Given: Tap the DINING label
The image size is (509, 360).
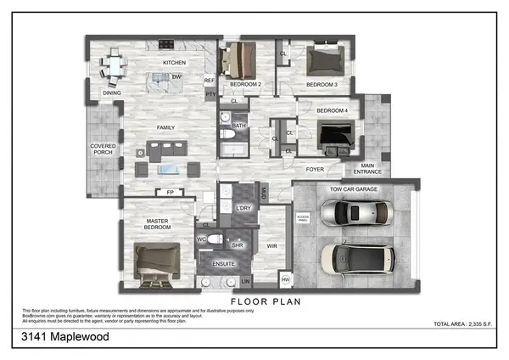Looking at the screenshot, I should [x=112, y=93].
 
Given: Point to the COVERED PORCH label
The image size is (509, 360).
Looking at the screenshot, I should [x=103, y=150].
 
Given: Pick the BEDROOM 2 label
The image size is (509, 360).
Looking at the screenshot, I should [x=245, y=85].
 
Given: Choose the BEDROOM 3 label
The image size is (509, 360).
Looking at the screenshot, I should [x=322, y=85].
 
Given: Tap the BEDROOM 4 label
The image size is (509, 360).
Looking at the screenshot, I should [x=332, y=111].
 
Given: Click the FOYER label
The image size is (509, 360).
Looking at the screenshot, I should [x=316, y=169].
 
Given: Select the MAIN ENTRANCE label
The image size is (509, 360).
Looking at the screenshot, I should [x=367, y=169].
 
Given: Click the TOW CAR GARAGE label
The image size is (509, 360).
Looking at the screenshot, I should [x=354, y=189].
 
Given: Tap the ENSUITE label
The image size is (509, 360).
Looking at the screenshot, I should [x=223, y=264].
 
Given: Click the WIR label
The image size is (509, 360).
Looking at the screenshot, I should [x=271, y=246].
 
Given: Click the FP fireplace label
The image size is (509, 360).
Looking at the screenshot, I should [x=170, y=193].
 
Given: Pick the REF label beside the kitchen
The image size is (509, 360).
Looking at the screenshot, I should [x=210, y=81].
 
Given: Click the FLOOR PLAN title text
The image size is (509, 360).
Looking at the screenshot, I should [x=265, y=301].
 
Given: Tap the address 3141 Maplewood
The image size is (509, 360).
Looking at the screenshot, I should [x=65, y=337].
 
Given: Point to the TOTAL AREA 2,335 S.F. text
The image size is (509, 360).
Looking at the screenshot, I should [x=463, y=324].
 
